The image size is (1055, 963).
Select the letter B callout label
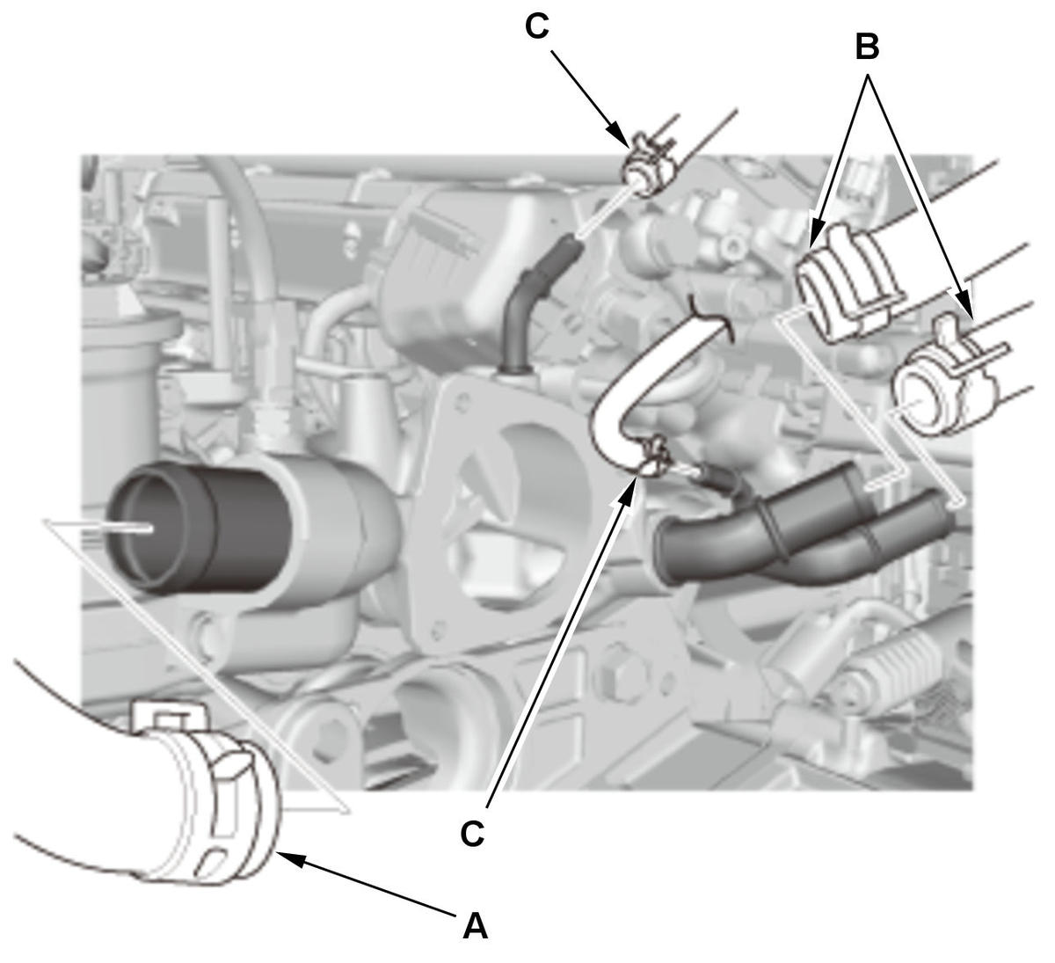pyautogui.click(x=868, y=47)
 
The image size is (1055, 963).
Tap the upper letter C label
pyautogui.click(x=537, y=26)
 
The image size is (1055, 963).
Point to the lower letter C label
pyautogui.click(x=472, y=833)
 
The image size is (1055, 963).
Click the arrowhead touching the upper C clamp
pyautogui.click(x=620, y=135)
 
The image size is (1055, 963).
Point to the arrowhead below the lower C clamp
pyautogui.click(x=625, y=493)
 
